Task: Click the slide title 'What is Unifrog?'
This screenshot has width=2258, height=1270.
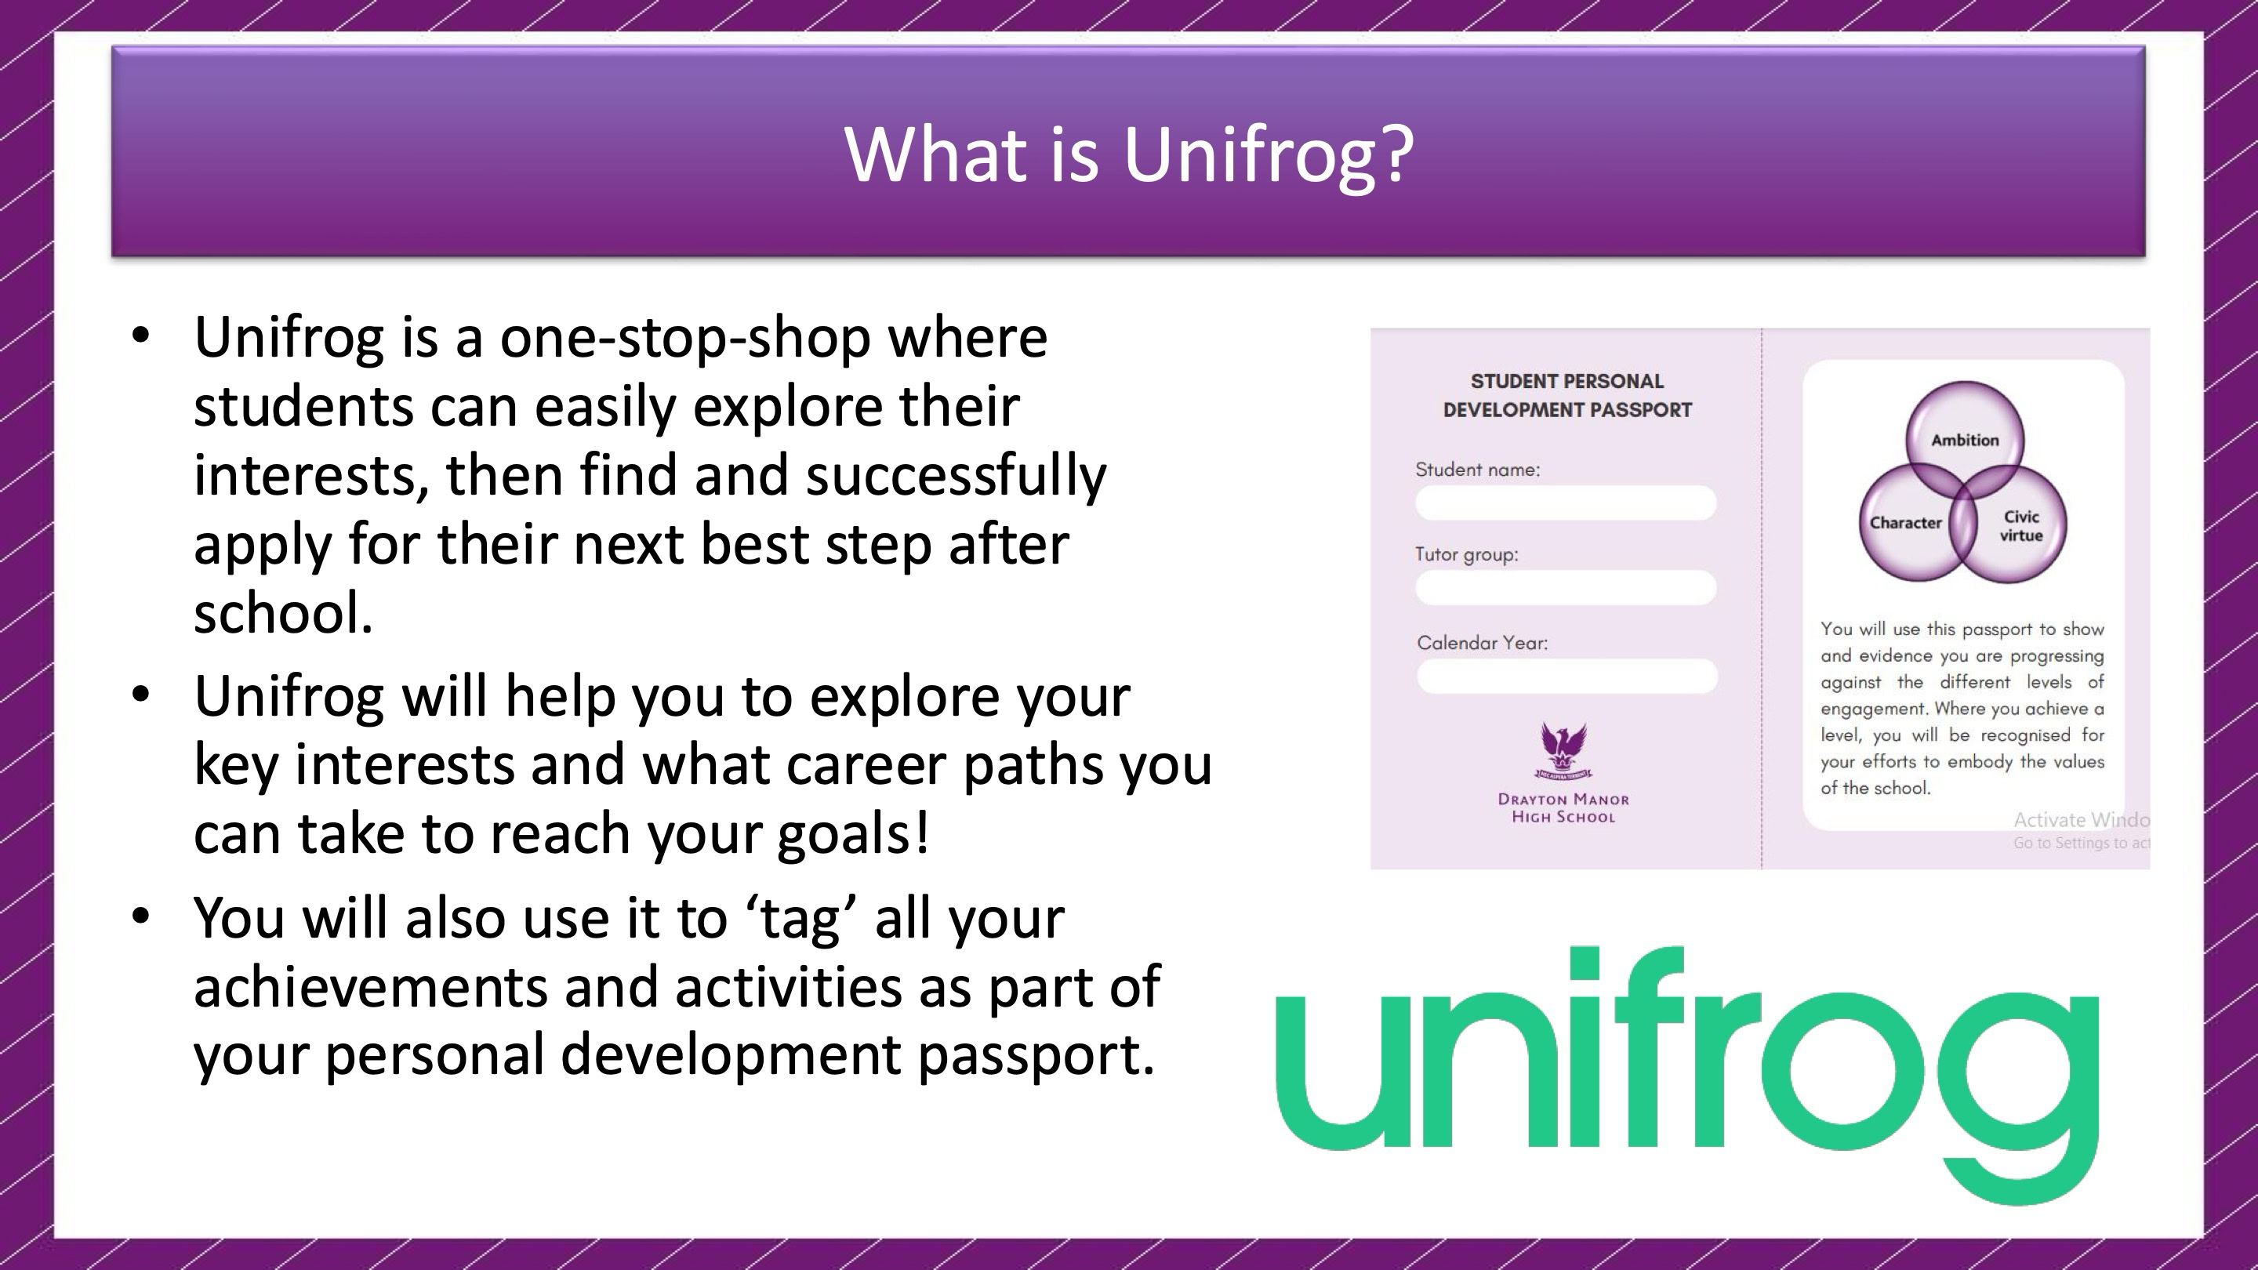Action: [1129, 154]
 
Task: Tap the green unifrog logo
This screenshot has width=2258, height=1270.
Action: [1687, 1076]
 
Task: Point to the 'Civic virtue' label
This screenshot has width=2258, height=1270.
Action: [2020, 526]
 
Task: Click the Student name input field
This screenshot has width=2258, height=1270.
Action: [1566, 503]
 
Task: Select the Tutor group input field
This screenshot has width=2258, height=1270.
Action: [1566, 588]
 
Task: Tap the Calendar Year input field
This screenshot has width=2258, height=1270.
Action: [1567, 676]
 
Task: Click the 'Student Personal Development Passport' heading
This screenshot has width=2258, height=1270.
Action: [1567, 395]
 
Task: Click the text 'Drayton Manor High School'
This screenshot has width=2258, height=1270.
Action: [1564, 808]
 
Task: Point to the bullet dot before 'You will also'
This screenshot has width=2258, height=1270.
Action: [140, 916]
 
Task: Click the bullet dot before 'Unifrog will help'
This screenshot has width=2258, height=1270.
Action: [140, 694]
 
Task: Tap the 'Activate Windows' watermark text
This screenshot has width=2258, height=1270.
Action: [2082, 820]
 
